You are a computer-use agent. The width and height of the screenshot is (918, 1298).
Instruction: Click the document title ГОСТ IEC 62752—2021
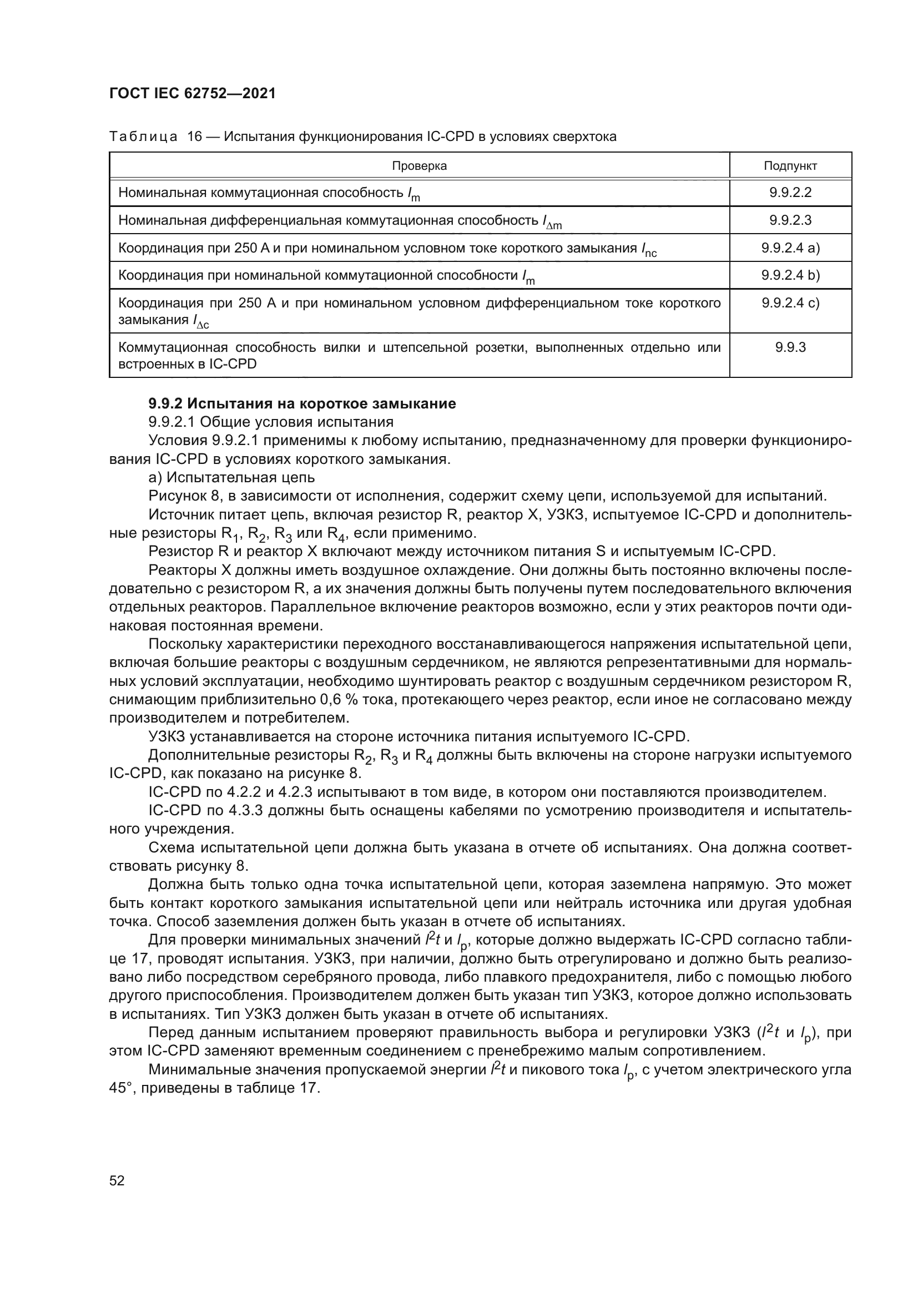coord(192,94)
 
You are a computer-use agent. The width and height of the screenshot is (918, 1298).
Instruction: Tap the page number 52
coord(117,1180)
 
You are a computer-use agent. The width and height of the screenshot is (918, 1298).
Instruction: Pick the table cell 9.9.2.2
coord(790,192)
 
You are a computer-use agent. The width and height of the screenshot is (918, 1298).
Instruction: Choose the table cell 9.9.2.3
coord(790,220)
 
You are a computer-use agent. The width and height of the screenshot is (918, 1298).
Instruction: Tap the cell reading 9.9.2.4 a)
coord(790,248)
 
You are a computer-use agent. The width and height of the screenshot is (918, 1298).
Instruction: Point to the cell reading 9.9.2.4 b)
coord(790,275)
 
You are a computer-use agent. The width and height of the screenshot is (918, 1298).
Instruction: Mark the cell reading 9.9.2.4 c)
coord(790,303)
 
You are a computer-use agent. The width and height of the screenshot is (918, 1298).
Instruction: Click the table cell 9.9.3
coord(790,347)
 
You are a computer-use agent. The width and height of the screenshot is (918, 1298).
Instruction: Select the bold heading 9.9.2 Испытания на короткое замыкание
coord(302,403)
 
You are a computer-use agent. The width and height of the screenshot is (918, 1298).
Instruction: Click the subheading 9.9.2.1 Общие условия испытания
coord(271,422)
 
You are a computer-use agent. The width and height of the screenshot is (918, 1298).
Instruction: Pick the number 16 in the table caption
coord(194,137)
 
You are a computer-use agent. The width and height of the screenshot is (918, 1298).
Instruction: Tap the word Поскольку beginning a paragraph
coord(184,644)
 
